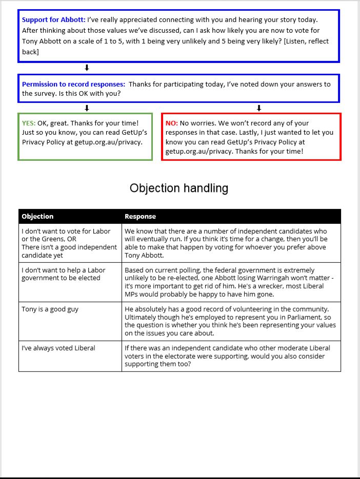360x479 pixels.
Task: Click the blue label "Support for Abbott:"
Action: point(53,20)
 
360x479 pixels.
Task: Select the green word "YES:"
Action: point(29,123)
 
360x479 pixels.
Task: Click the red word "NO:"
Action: point(171,123)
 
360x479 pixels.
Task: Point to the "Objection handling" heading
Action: point(179,188)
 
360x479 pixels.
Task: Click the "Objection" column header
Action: point(37,216)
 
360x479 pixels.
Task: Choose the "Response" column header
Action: point(140,216)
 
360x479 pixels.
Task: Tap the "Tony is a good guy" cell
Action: point(50,309)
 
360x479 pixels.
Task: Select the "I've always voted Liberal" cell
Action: point(58,348)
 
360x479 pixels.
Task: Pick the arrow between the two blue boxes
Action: point(87,68)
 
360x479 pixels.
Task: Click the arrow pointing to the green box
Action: point(87,108)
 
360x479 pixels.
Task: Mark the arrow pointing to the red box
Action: point(259,108)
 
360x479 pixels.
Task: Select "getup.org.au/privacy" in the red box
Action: point(198,152)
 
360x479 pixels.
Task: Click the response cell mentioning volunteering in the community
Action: point(231,321)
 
